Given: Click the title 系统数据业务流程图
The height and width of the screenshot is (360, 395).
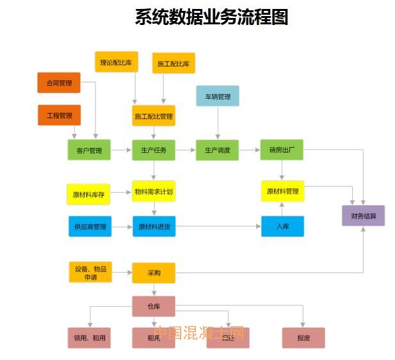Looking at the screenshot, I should (211, 17).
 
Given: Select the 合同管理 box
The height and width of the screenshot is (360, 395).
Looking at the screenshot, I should (59, 83).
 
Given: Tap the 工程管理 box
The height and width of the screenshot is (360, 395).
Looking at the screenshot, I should (59, 115).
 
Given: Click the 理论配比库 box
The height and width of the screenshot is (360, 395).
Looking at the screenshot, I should (117, 62).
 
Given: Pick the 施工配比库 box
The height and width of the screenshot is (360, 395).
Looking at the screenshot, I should (173, 63).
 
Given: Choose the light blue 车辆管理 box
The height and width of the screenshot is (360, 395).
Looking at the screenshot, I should (218, 96).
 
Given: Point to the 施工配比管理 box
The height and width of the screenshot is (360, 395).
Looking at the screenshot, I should (154, 116).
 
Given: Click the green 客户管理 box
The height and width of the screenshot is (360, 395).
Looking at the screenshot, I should (89, 151).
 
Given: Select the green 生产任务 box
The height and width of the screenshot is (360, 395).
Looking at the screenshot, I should (154, 151).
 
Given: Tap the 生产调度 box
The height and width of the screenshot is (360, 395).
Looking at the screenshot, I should (217, 151).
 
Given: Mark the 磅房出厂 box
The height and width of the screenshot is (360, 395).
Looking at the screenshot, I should (282, 151).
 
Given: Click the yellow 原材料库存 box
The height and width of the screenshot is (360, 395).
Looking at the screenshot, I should (88, 194).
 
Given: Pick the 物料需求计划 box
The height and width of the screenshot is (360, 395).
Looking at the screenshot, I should (154, 191).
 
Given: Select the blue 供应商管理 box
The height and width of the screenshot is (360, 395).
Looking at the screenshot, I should (90, 226).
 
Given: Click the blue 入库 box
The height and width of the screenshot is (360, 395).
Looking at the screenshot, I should (282, 226).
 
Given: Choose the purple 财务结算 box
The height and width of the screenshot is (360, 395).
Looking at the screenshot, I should (364, 215).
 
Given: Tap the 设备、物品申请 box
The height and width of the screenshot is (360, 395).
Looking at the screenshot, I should (90, 272).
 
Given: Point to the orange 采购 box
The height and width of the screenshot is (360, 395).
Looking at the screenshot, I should (154, 273).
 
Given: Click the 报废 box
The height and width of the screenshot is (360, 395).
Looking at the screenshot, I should (303, 338).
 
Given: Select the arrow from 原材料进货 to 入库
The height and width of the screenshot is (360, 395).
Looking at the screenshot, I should (218, 226).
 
